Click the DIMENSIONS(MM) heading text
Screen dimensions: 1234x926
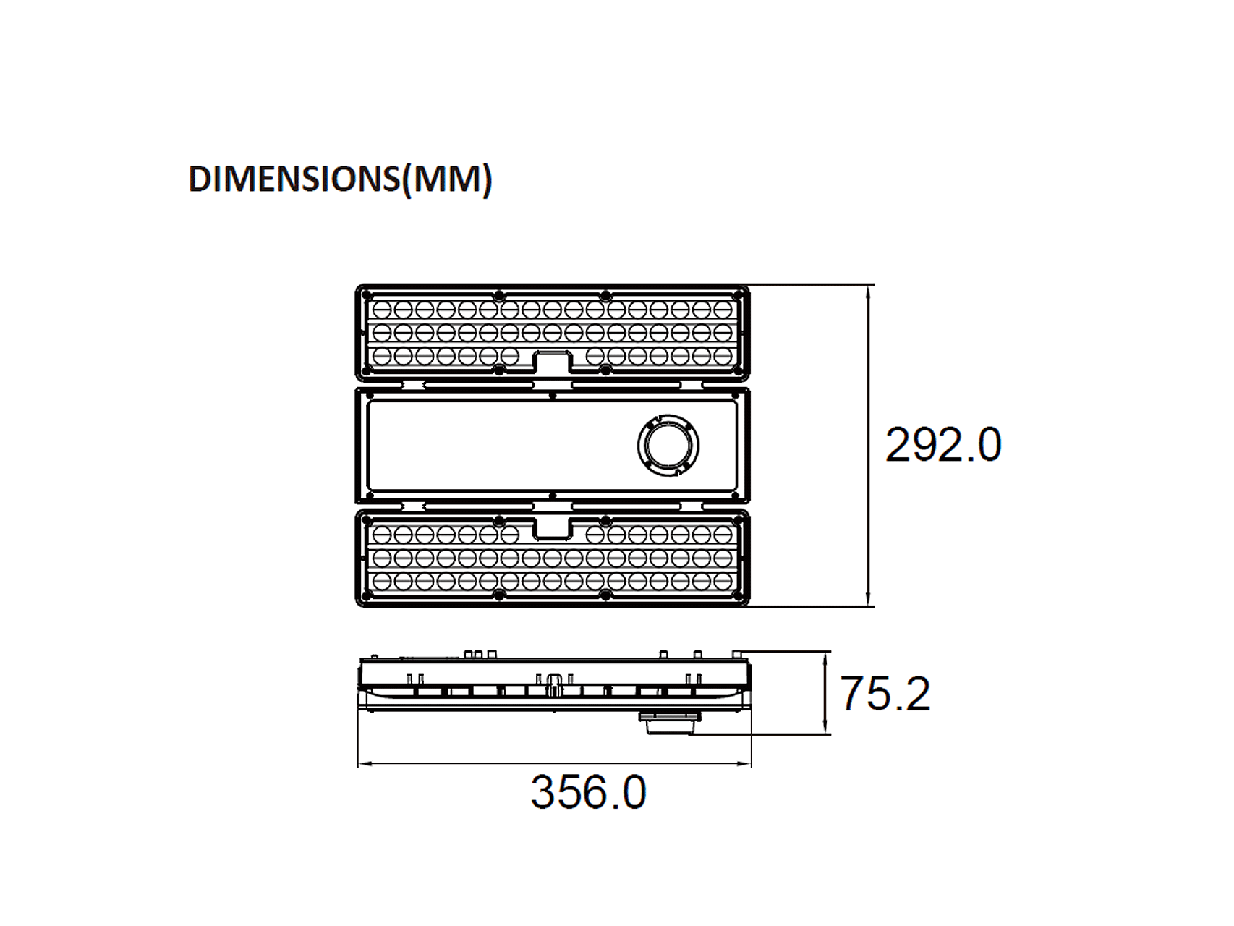[x=340, y=179]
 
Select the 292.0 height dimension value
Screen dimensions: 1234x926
[x=943, y=444]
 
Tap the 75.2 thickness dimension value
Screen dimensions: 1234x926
[x=885, y=693]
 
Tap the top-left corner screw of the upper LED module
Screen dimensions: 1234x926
[x=366, y=295]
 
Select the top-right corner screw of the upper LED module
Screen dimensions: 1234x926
[x=739, y=295]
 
